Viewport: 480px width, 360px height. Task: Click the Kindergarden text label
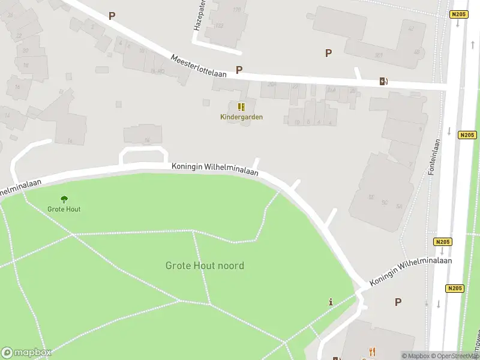(241, 117)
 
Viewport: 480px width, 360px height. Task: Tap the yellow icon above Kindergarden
(241, 107)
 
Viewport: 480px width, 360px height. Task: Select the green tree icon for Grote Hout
(64, 199)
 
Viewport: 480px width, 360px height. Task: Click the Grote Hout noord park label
(205, 265)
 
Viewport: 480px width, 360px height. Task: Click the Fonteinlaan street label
(433, 157)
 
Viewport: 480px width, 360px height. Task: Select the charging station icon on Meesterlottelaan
(383, 82)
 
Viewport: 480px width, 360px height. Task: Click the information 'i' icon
(330, 302)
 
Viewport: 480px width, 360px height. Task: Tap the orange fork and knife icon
(372, 352)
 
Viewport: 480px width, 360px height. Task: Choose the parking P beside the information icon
(397, 302)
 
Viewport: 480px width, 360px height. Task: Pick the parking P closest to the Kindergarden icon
(239, 70)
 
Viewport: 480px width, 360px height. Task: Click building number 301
(379, 55)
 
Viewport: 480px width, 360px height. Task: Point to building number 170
(236, 10)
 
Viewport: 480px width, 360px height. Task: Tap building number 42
(411, 28)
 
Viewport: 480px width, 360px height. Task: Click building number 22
(20, 36)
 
